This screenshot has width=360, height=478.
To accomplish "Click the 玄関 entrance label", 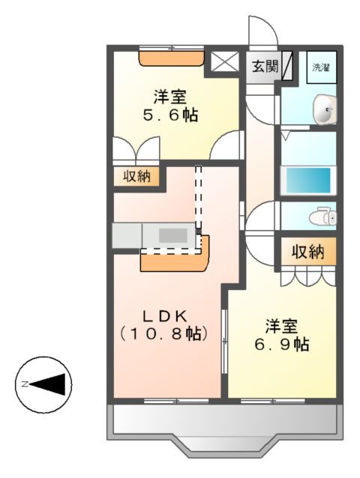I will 263,67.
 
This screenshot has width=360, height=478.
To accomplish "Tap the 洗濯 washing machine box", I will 321,67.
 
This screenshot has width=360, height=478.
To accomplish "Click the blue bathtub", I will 305,180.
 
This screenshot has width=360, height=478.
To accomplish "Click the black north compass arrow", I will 51,384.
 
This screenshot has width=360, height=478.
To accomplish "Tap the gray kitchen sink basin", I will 172,235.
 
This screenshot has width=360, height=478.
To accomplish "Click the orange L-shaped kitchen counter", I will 176,257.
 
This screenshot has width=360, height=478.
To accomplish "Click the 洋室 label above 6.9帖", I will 281,326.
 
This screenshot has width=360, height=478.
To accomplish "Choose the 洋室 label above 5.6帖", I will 171,97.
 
